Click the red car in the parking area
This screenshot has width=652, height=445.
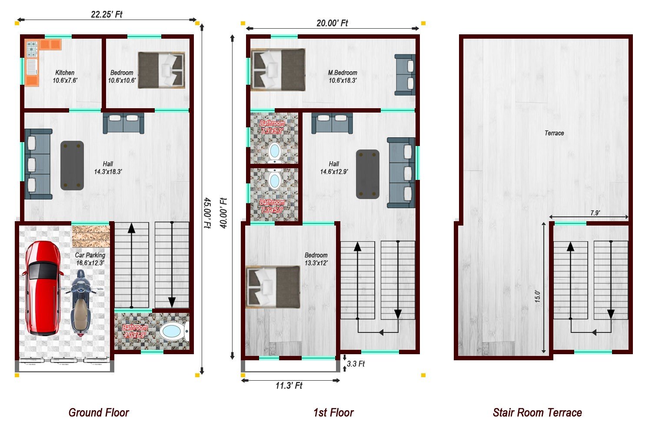pyautogui.click(x=43, y=288)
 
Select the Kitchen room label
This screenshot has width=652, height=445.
pyautogui.click(x=65, y=73)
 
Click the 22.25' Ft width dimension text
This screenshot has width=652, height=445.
pyautogui.click(x=106, y=14)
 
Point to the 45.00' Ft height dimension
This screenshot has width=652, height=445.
pyautogui.click(x=207, y=213)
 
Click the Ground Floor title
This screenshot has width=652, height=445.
pyautogui.click(x=99, y=412)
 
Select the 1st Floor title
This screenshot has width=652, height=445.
pyautogui.click(x=333, y=412)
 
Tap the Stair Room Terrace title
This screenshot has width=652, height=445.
pyautogui.click(x=537, y=412)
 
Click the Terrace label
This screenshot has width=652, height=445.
pyautogui.click(x=554, y=133)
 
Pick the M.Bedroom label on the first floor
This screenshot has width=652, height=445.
pyautogui.click(x=343, y=73)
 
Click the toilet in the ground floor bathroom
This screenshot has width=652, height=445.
pyautogui.click(x=174, y=332)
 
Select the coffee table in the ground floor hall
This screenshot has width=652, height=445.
pyautogui.click(x=72, y=166)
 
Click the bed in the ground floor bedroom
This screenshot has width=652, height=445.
pyautogui.click(x=162, y=70)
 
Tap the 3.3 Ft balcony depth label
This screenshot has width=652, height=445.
pyautogui.click(x=356, y=364)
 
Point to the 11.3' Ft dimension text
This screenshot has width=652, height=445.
pyautogui.click(x=289, y=385)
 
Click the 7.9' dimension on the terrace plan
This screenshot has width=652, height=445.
pyautogui.click(x=595, y=213)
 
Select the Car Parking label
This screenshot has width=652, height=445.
pyautogui.click(x=90, y=255)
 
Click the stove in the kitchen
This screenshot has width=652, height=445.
pyautogui.click(x=32, y=49)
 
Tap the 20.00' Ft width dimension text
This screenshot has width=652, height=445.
pyautogui.click(x=332, y=23)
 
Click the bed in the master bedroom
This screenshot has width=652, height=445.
pyautogui.click(x=278, y=70)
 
